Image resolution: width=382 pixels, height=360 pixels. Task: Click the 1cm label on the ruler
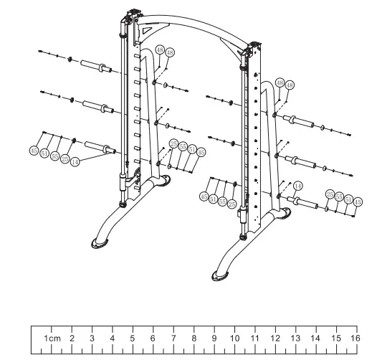pyautogui.click(x=52, y=337)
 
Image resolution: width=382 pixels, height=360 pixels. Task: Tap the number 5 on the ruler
pyautogui.click(x=132, y=337)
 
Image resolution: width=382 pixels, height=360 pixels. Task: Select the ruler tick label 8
pyautogui.click(x=194, y=337)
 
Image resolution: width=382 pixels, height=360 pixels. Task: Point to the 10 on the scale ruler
pyautogui.click(x=234, y=337)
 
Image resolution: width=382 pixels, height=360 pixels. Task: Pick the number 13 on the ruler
pyautogui.click(x=295, y=337)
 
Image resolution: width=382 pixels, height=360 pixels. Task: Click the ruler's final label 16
pyautogui.click(x=355, y=337)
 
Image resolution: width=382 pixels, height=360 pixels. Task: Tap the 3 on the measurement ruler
pyautogui.click(x=92, y=337)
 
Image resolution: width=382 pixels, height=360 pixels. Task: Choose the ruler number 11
pyautogui.click(x=254, y=337)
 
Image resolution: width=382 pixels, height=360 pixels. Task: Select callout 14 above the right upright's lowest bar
pyautogui.click(x=298, y=185)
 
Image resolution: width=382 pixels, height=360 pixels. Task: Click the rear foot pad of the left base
pyautogui.click(x=165, y=180)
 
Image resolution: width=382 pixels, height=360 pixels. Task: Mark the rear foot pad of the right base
pyautogui.click(x=286, y=212)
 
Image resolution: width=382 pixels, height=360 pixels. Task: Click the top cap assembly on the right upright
pyautogui.click(x=254, y=49)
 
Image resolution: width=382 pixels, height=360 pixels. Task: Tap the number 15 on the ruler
pyautogui.click(x=335, y=337)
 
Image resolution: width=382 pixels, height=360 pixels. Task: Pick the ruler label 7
pyautogui.click(x=173, y=337)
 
